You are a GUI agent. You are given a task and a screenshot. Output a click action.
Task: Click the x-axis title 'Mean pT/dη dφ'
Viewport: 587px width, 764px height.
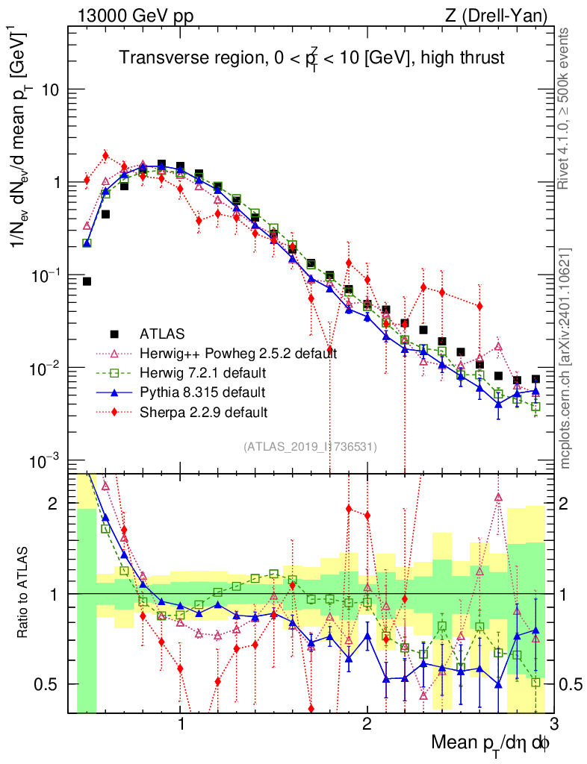(x=493, y=743)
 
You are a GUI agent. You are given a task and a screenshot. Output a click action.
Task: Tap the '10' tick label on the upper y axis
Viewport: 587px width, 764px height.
(x=49, y=90)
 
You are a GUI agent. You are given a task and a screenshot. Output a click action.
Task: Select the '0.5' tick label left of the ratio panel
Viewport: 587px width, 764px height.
(x=46, y=684)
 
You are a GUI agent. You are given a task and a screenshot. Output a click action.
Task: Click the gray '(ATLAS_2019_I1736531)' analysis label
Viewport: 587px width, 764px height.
(x=310, y=447)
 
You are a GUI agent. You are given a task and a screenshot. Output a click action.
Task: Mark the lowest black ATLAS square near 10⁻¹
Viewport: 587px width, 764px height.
(x=87, y=281)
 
